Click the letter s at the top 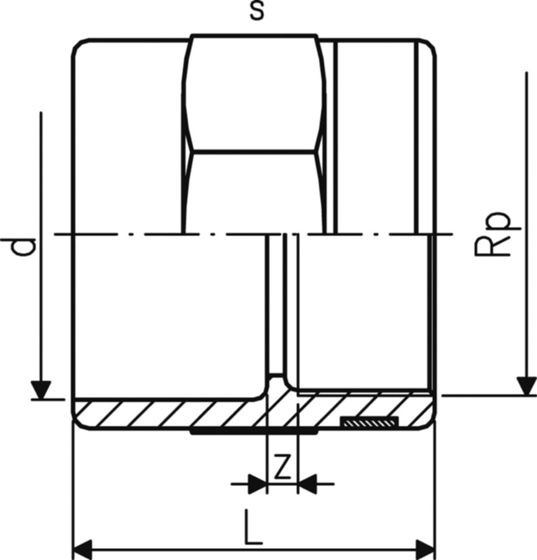click(257, 11)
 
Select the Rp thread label click(492, 234)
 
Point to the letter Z click(282, 467)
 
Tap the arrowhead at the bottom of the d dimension click(40, 390)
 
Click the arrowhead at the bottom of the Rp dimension click(526, 386)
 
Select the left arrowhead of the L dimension click(82, 551)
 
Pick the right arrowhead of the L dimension click(426, 551)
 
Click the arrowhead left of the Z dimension click(258, 484)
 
